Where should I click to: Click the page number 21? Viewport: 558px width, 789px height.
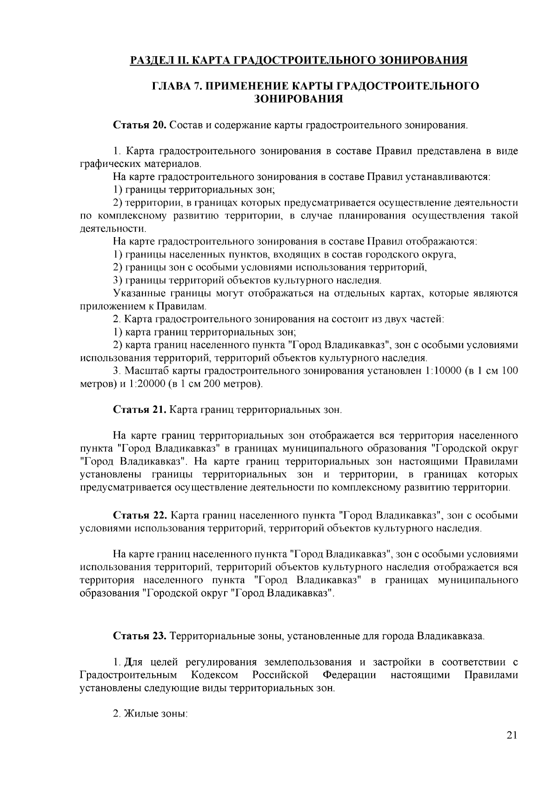[x=511, y=748]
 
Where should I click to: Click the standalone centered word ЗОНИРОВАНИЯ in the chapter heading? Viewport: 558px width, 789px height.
[x=299, y=99]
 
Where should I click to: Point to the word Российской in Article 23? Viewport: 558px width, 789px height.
[x=281, y=675]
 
